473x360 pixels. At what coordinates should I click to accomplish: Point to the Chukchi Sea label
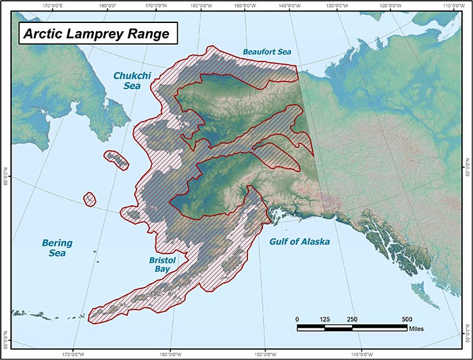pyautogui.click(x=127, y=81)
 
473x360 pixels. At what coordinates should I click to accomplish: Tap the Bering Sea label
pyautogui.click(x=57, y=248)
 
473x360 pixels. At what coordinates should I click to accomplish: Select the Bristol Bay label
pyautogui.click(x=162, y=264)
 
